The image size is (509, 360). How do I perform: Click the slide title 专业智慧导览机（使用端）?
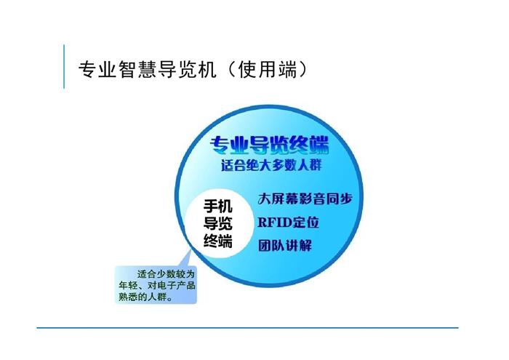pos(193,69)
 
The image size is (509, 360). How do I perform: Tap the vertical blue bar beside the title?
pos(64,67)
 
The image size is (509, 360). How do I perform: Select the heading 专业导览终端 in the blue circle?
pos(270,145)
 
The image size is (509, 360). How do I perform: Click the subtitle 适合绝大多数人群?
pos(271,165)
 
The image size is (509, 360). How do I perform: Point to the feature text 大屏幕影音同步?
pos(305,199)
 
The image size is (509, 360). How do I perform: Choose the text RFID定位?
pos(288,223)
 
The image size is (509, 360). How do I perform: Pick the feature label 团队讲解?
pos(285,245)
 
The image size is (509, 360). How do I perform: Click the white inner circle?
pos(219,223)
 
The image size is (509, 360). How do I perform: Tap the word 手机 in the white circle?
pos(218,206)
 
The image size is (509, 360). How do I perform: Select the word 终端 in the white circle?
pos(218,241)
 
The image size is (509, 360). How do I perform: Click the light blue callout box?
pos(156,285)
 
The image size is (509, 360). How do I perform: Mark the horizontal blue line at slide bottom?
pos(247,328)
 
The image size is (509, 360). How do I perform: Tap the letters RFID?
pos(275,223)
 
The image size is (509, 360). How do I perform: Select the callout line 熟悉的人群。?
pos(145,297)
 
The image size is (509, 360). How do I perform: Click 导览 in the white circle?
pos(218,223)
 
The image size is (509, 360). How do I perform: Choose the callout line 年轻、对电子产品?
pos(157,285)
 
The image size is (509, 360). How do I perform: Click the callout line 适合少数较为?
pos(166,274)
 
